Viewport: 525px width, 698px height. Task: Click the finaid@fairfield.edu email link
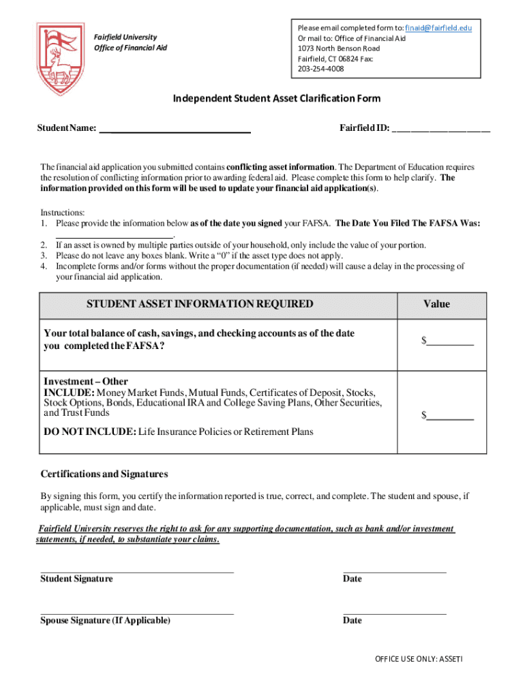[438, 28]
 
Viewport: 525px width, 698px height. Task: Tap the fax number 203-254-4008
[320, 69]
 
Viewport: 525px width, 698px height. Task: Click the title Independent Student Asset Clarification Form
[276, 99]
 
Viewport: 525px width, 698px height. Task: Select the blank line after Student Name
[175, 128]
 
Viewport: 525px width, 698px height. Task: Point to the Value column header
[436, 304]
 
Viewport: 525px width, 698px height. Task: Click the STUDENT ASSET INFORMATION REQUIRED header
[200, 304]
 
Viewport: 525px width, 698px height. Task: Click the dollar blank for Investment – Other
[450, 415]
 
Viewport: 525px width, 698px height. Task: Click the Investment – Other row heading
[86, 382]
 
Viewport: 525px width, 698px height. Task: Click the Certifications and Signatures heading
[104, 474]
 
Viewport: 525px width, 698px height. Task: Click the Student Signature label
[76, 579]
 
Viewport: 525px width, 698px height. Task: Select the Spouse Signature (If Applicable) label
[106, 620]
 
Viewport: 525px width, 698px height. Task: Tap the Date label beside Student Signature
[352, 579]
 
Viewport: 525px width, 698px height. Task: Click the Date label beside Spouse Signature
[352, 620]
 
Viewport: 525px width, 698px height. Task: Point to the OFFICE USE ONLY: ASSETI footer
[419, 659]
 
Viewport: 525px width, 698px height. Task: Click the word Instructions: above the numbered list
[63, 213]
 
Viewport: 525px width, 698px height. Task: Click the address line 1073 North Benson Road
[339, 48]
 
